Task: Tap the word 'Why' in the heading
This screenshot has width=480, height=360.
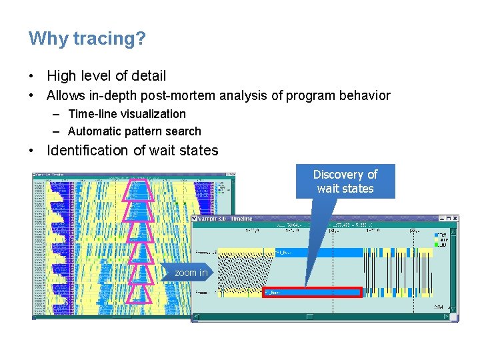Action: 48,39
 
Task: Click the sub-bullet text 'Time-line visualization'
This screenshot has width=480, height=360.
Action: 127,114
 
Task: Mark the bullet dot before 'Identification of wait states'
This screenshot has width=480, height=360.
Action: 32,150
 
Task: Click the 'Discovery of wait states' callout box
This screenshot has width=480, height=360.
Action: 345,181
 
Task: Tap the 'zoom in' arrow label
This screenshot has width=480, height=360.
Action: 190,273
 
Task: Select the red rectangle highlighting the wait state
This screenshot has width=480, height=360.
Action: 312,292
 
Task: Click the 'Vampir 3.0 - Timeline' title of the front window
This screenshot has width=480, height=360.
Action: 227,219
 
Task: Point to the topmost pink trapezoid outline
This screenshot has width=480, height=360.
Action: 141,190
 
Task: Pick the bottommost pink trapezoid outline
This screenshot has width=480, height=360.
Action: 141,293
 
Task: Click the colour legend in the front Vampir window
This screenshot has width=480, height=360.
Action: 441,240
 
